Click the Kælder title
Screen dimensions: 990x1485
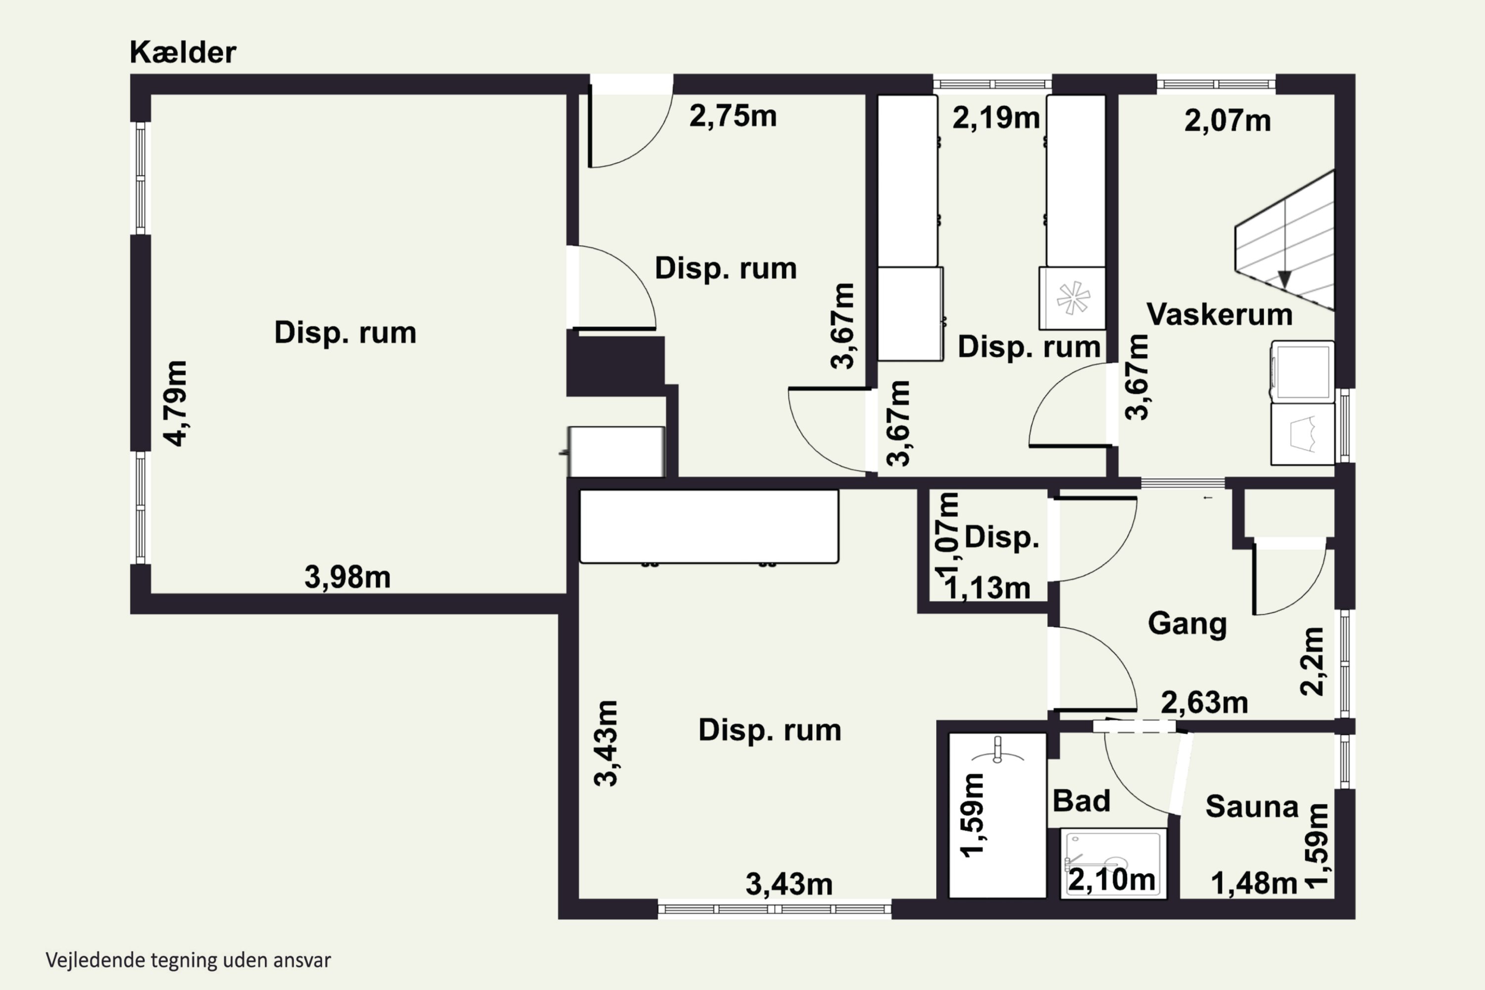click(183, 52)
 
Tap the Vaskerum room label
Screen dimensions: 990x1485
click(1219, 314)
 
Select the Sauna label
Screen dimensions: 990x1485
click(1251, 807)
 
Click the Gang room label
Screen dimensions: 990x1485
click(1187, 624)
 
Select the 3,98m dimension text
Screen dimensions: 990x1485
click(347, 577)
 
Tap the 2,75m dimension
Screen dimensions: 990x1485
click(733, 116)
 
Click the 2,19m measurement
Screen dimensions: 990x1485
click(995, 118)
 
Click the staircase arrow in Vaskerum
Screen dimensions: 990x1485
click(1284, 278)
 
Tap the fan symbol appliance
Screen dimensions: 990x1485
click(1073, 298)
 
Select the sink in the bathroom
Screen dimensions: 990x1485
click(997, 751)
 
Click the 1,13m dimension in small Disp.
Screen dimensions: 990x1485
click(988, 589)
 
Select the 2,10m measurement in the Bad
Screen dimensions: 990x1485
click(1111, 880)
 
